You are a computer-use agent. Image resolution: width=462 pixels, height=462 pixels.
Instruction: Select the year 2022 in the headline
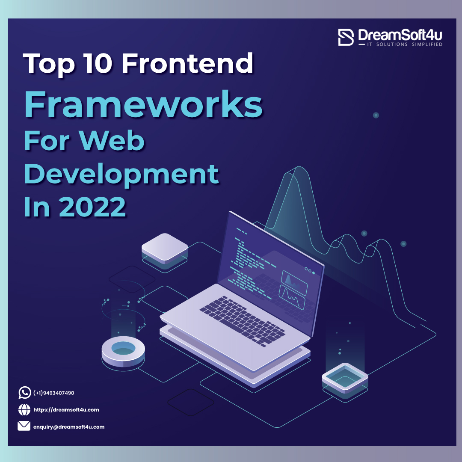click(x=92, y=207)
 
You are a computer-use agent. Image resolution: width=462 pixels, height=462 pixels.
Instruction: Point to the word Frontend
click(x=187, y=63)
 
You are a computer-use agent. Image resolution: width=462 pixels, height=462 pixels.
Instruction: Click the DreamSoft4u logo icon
click(x=346, y=37)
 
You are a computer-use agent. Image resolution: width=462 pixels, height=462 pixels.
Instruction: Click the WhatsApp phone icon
click(x=24, y=392)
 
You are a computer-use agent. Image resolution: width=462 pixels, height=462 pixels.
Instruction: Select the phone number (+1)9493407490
click(x=53, y=393)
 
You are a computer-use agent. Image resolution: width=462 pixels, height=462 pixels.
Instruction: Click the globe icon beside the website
click(x=24, y=410)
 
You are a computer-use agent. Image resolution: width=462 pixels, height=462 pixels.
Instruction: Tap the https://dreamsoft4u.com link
click(x=66, y=410)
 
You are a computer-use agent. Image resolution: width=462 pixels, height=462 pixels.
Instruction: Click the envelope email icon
click(x=24, y=426)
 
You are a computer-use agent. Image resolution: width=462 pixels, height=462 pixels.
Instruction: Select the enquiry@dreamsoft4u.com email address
click(x=69, y=426)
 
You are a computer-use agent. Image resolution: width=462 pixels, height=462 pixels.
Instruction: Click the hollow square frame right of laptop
click(x=345, y=377)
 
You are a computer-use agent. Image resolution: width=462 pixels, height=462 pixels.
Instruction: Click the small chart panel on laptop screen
click(x=294, y=281)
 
